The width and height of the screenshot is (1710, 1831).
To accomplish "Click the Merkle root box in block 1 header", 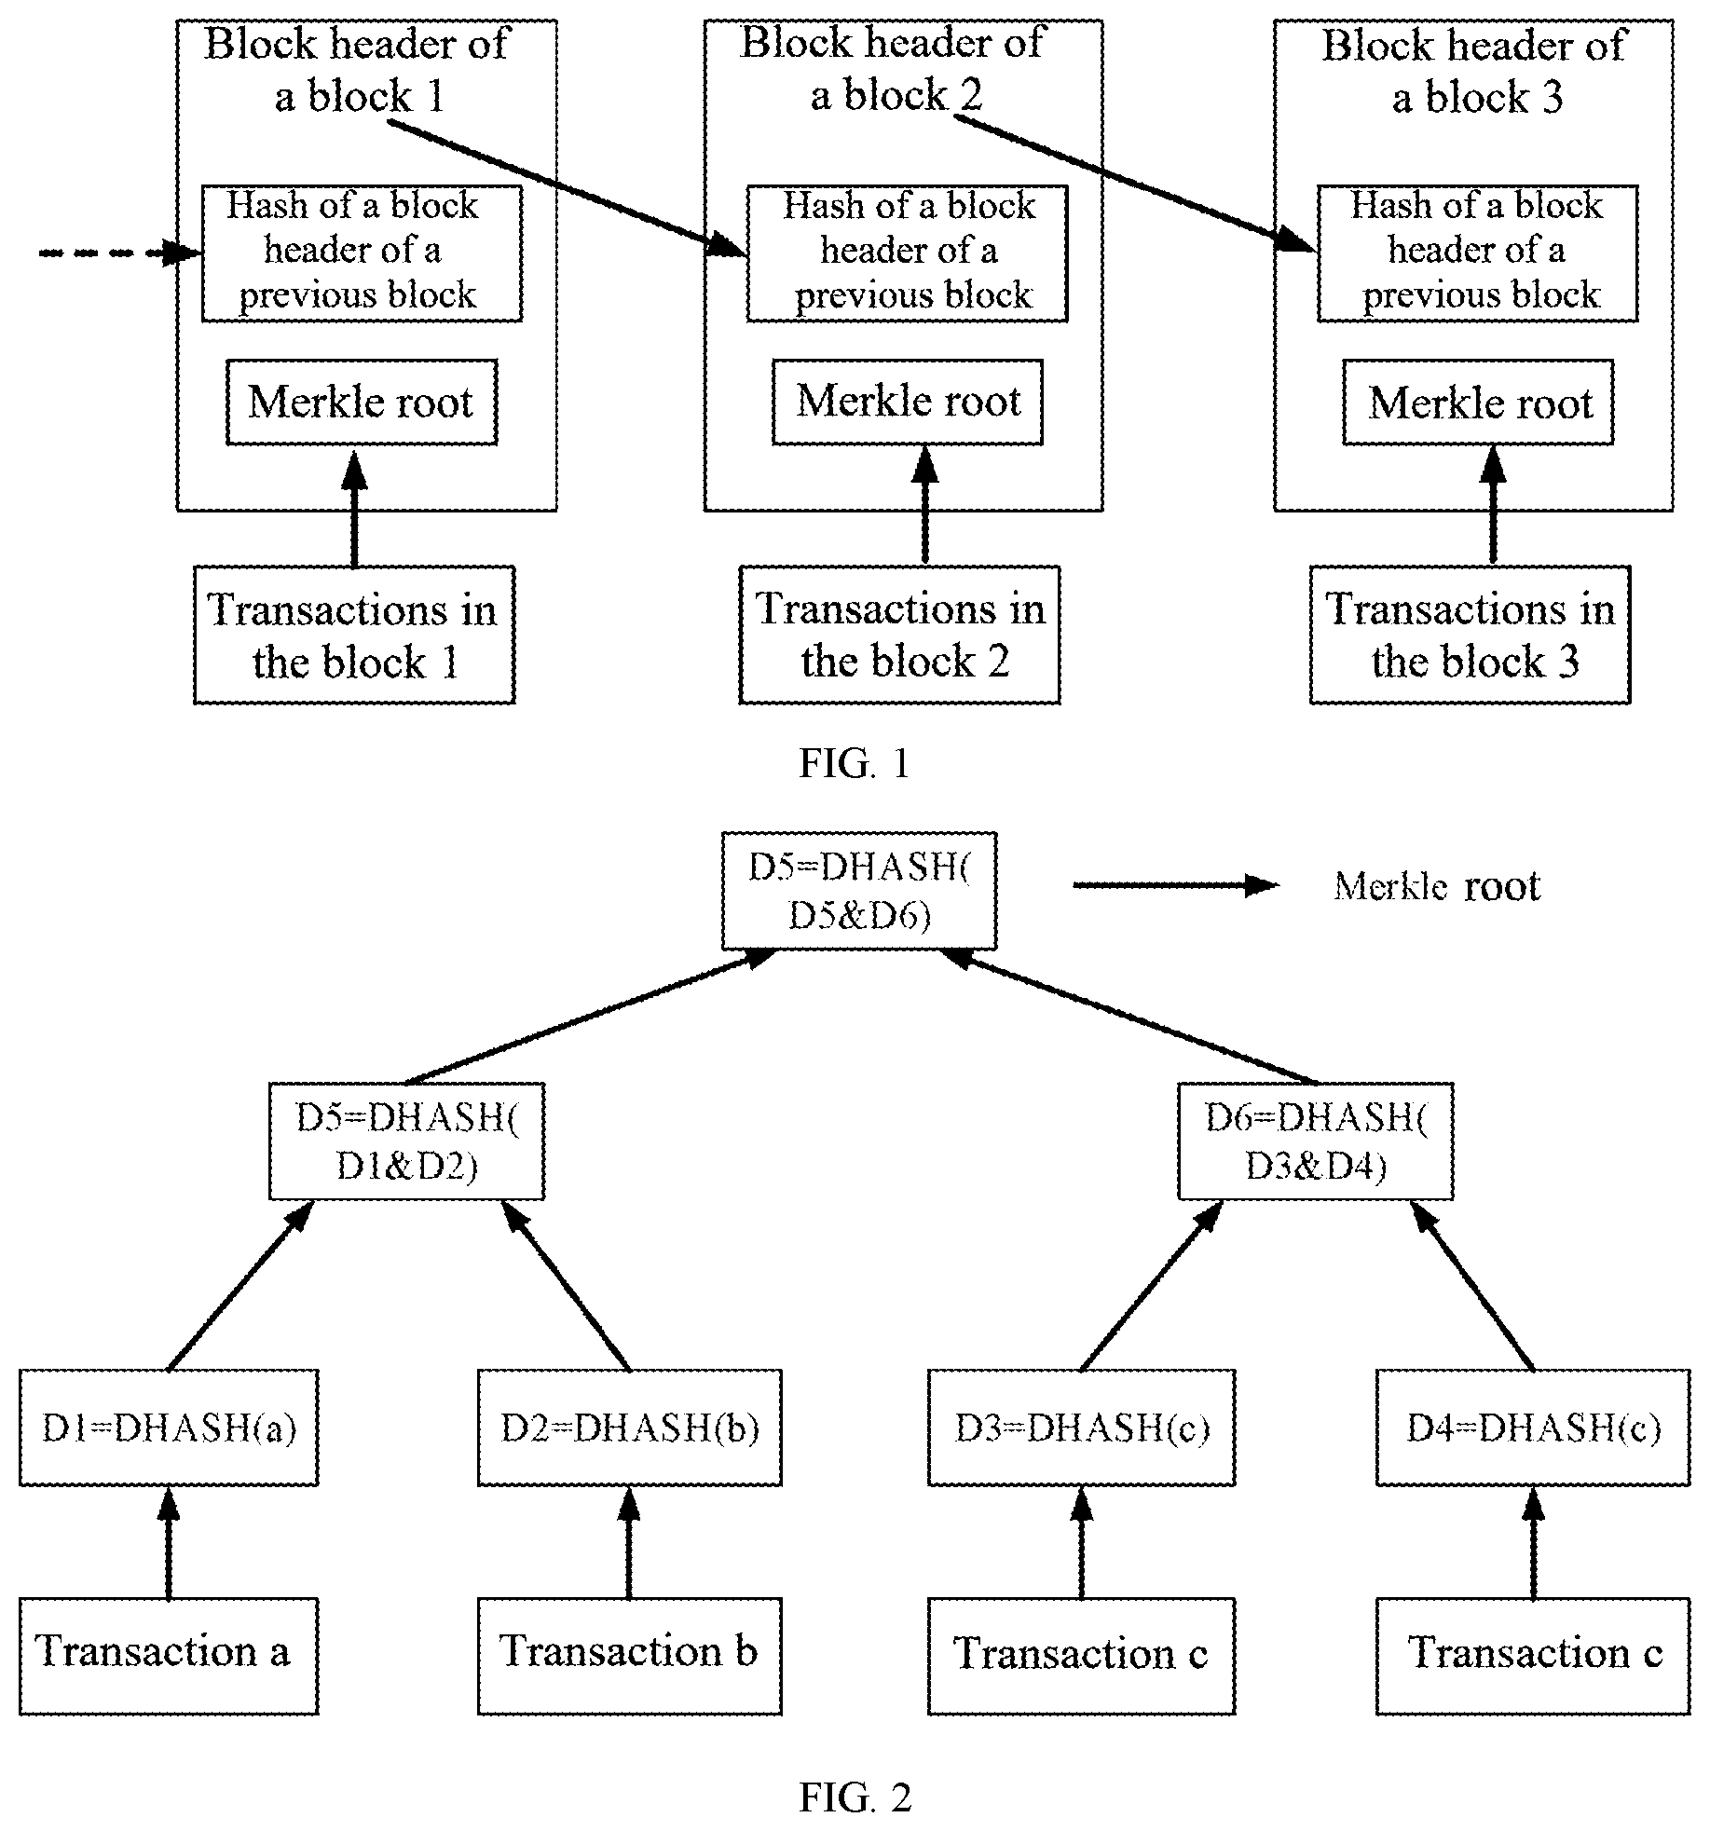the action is click(362, 403).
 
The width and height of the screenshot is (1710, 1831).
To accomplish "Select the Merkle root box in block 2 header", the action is click(908, 403).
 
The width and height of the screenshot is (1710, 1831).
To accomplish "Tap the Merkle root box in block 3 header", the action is click(1478, 403).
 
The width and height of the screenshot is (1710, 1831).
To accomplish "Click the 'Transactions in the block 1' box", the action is click(354, 635).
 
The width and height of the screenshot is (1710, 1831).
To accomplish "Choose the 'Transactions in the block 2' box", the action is click(900, 635).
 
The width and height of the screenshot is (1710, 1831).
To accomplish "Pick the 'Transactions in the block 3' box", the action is click(1471, 635).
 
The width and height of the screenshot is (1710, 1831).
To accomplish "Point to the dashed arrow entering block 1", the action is click(120, 253).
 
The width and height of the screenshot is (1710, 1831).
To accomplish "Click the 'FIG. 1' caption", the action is click(854, 763).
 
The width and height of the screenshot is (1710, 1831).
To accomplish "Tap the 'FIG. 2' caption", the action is click(855, 1797).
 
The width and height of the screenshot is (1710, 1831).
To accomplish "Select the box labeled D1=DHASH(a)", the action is click(169, 1428).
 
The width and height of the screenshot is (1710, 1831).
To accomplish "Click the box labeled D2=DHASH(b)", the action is click(630, 1428).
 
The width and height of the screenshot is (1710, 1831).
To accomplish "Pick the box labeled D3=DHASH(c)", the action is click(1082, 1428).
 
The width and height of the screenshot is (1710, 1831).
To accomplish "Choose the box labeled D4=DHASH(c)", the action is click(1533, 1428).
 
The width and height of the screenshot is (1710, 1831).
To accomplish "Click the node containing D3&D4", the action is click(1316, 1141).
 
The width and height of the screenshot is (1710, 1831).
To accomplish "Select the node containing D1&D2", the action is click(407, 1141).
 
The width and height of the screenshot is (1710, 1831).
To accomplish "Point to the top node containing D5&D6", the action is click(859, 891).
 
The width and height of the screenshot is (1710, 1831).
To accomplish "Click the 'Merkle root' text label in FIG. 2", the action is click(1437, 886).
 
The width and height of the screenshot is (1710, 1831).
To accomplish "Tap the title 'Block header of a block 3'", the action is click(1474, 71).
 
